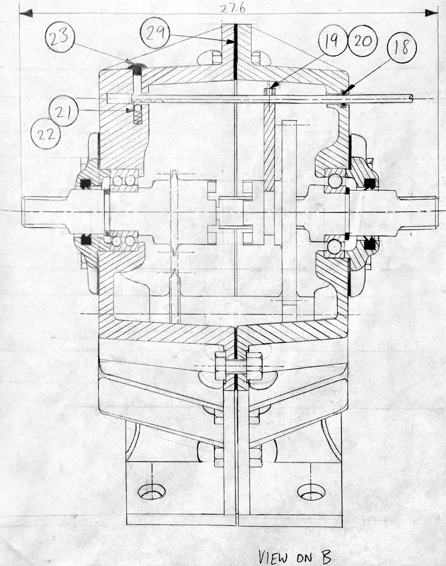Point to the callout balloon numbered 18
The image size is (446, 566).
(x=401, y=47)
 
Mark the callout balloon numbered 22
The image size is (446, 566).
(x=46, y=133)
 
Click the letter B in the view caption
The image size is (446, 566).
(x=325, y=556)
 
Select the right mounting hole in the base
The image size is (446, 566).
(x=310, y=492)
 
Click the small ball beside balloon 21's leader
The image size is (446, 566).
(x=138, y=109)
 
